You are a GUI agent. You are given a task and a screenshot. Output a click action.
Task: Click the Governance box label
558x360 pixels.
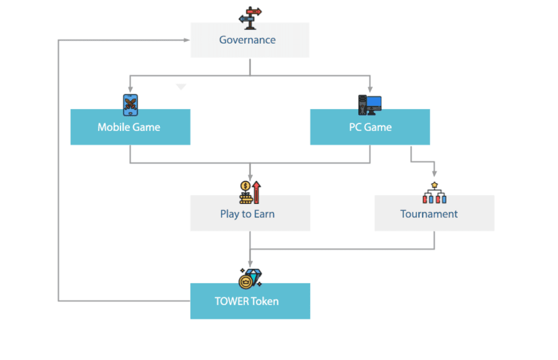(247, 40)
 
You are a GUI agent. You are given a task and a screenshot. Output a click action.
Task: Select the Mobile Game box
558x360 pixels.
(130, 127)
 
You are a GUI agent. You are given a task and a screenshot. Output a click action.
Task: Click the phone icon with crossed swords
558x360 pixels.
(130, 105)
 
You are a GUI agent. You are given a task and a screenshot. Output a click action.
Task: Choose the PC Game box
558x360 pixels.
(370, 127)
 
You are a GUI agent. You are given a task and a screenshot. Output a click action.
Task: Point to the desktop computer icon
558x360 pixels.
(369, 105)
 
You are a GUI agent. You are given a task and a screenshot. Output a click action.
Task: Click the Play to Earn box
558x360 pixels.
(250, 214)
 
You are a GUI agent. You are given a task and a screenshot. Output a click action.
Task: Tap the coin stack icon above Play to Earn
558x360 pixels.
(245, 192)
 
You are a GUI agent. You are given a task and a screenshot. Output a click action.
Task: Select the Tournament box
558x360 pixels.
(434, 214)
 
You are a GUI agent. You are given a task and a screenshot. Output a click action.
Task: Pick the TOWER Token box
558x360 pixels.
(250, 301)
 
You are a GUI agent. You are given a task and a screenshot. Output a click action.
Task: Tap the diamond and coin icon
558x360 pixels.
(250, 277)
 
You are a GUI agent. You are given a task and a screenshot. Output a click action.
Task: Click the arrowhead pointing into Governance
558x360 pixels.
(187, 40)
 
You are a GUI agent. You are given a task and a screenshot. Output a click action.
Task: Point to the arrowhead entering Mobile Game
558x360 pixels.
(130, 89)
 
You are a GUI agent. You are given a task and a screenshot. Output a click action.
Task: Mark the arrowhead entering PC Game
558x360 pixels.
(370, 89)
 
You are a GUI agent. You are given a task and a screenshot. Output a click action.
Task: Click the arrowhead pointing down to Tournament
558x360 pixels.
(435, 174)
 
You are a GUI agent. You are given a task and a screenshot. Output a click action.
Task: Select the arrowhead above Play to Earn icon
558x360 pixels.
(250, 176)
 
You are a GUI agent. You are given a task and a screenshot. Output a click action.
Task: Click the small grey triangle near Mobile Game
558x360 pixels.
(181, 87)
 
